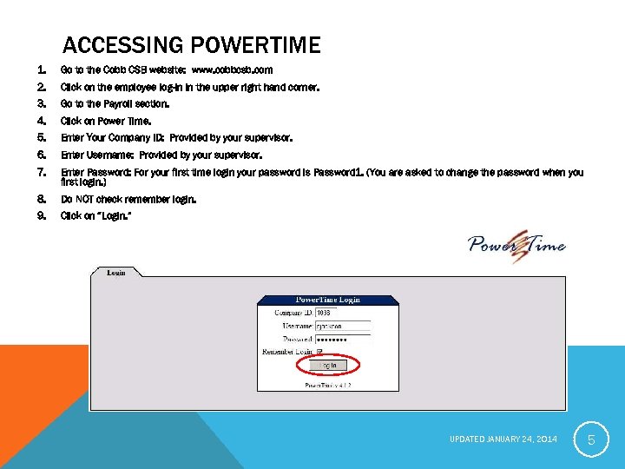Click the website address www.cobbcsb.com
232,69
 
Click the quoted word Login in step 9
115,216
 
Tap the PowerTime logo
516,242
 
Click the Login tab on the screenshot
116,273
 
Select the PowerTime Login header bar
327,300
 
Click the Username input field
342,326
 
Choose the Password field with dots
342,339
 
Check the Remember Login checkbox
319,352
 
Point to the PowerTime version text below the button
327,383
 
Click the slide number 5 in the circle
591,440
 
